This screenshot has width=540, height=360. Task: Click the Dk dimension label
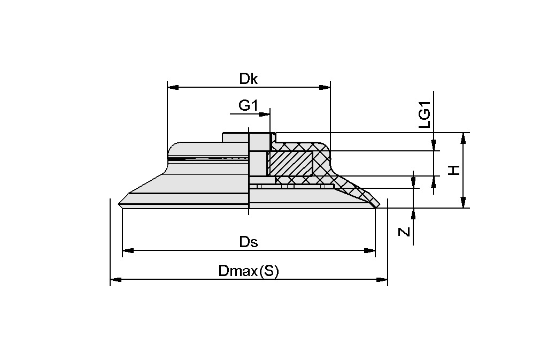[249, 79]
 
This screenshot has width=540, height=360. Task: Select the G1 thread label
[248, 105]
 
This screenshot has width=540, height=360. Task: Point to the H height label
[454, 170]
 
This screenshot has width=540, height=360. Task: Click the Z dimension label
[405, 232]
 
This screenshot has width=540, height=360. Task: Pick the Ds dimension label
[249, 242]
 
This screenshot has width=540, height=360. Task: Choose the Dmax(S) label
[249, 271]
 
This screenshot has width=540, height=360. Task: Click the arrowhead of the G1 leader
[266, 113]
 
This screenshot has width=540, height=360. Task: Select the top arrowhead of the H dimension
[464, 137]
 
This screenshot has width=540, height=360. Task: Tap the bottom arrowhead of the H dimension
[464, 203]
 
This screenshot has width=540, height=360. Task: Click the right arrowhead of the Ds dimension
[371, 250]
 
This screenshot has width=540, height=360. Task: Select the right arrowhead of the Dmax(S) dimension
[383, 279]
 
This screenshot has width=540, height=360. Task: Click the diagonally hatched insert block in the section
[290, 163]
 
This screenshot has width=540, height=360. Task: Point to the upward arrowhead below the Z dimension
[413, 213]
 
